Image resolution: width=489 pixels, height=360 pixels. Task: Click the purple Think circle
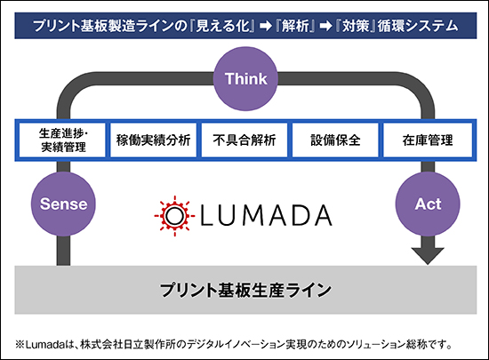pos(245,78)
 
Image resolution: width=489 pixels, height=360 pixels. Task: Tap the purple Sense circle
pos(63,204)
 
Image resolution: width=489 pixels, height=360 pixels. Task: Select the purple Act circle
pos(428,204)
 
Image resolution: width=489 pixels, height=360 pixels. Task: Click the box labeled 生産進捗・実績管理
pos(62,140)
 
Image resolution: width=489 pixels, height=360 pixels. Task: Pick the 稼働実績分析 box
pos(154,140)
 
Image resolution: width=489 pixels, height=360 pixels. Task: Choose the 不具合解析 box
pos(244,140)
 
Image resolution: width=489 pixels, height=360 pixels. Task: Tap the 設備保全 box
pos(335,140)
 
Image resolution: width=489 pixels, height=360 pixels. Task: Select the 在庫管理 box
pos(428,140)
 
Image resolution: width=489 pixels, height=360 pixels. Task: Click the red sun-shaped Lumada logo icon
pos(174,216)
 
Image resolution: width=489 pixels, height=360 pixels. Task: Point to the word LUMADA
pos(266,215)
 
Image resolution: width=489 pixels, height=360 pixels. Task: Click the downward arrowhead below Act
pos(428,256)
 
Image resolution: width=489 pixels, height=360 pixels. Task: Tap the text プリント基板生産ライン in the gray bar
pos(245,290)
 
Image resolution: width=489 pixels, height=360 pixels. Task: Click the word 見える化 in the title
pos(223,26)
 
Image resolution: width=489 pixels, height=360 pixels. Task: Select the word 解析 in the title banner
pos(295,26)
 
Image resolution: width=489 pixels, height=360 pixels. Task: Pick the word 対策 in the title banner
pos(356,26)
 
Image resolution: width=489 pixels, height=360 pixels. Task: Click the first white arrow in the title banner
pos(266,26)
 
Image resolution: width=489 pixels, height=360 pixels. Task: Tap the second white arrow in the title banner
pos(325,26)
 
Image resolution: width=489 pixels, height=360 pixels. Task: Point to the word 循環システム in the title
pos(418,26)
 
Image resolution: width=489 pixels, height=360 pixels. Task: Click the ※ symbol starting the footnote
pos(20,345)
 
